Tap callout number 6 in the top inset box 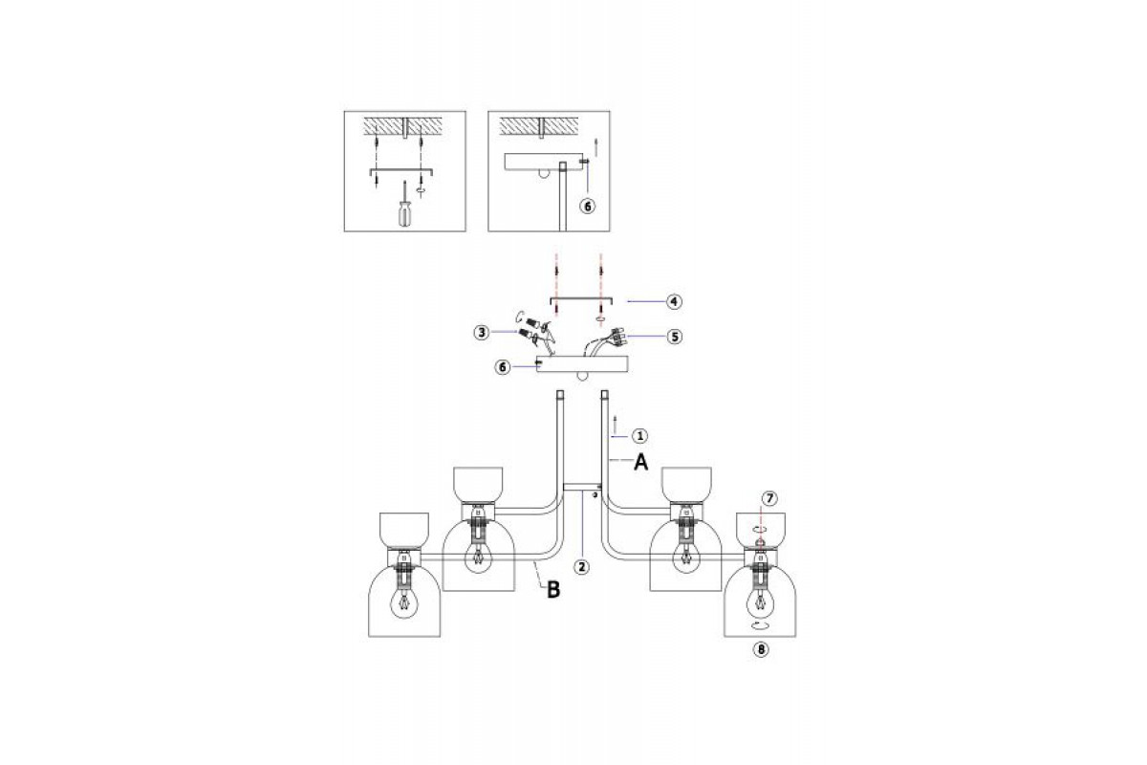click(x=587, y=206)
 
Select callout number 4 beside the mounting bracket click(x=674, y=302)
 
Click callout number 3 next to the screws click(x=482, y=333)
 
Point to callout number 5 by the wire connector click(x=675, y=337)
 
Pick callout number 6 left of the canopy click(x=503, y=367)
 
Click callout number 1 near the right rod click(x=639, y=436)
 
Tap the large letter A click(x=641, y=462)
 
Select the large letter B click(x=553, y=590)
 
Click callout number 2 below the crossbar click(x=581, y=567)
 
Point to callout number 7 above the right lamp click(x=769, y=498)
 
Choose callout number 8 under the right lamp click(x=761, y=649)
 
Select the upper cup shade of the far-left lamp click(x=404, y=532)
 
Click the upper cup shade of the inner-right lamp click(x=686, y=486)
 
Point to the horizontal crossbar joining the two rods click(x=582, y=488)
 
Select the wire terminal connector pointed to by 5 click(x=616, y=339)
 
